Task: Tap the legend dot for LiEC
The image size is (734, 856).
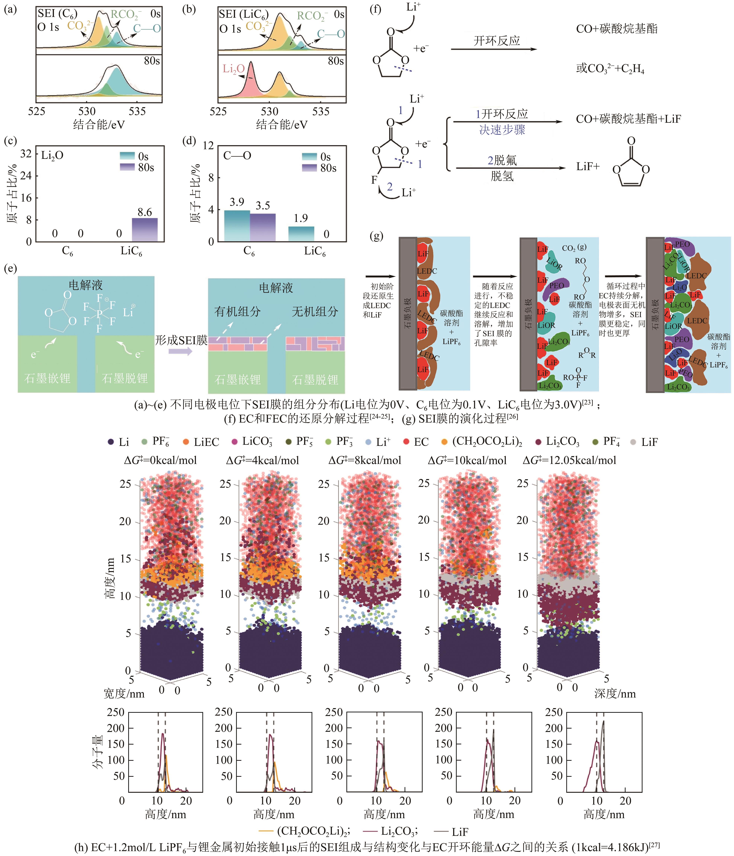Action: click(186, 442)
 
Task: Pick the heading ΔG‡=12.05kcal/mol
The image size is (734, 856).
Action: click(569, 460)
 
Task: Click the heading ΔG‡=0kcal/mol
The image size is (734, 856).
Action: click(160, 460)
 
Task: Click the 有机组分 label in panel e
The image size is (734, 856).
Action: click(237, 311)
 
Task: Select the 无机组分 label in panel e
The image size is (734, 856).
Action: click(315, 311)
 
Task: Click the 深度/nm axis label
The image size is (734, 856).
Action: click(615, 694)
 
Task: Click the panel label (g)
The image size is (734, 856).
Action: click(376, 236)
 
